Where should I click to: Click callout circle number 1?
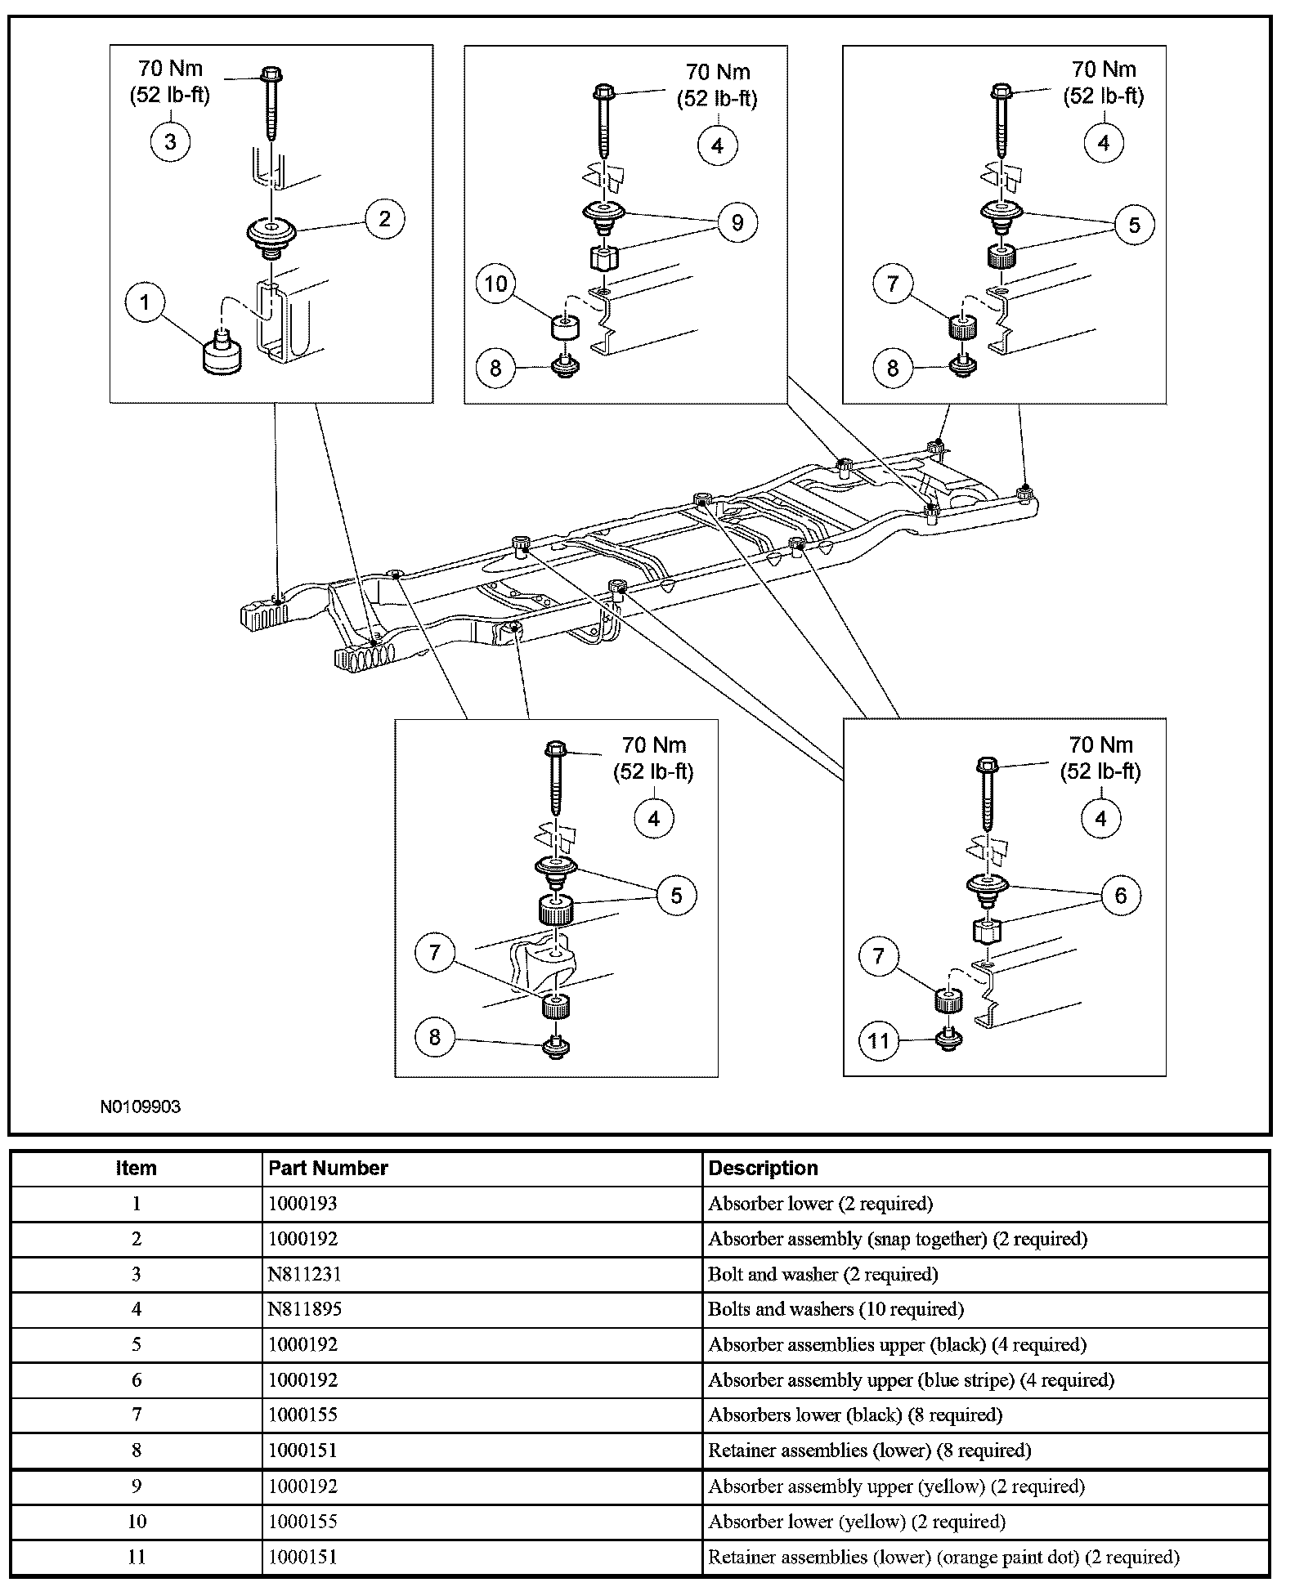pos(146,302)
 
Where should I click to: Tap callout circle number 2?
pos(384,218)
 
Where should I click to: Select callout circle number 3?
pos(170,141)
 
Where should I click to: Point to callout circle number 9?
pos(737,223)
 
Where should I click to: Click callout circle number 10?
pos(496,284)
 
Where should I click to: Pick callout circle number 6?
pos(1120,896)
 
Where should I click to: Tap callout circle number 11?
pos(879,1040)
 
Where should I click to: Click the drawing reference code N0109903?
pos(141,1106)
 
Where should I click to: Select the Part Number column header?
pos(328,1168)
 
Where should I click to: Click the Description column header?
pos(763,1168)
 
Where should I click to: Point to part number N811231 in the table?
pos(303,1274)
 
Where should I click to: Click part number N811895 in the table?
pos(305,1309)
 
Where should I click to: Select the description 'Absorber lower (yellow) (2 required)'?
pos(857,1522)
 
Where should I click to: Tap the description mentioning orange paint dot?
pos(943,1557)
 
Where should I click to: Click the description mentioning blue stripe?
pos(911,1379)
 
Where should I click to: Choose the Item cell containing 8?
pos(137,1451)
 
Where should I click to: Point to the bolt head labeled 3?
pos(270,76)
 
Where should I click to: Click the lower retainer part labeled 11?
pos(948,1039)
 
